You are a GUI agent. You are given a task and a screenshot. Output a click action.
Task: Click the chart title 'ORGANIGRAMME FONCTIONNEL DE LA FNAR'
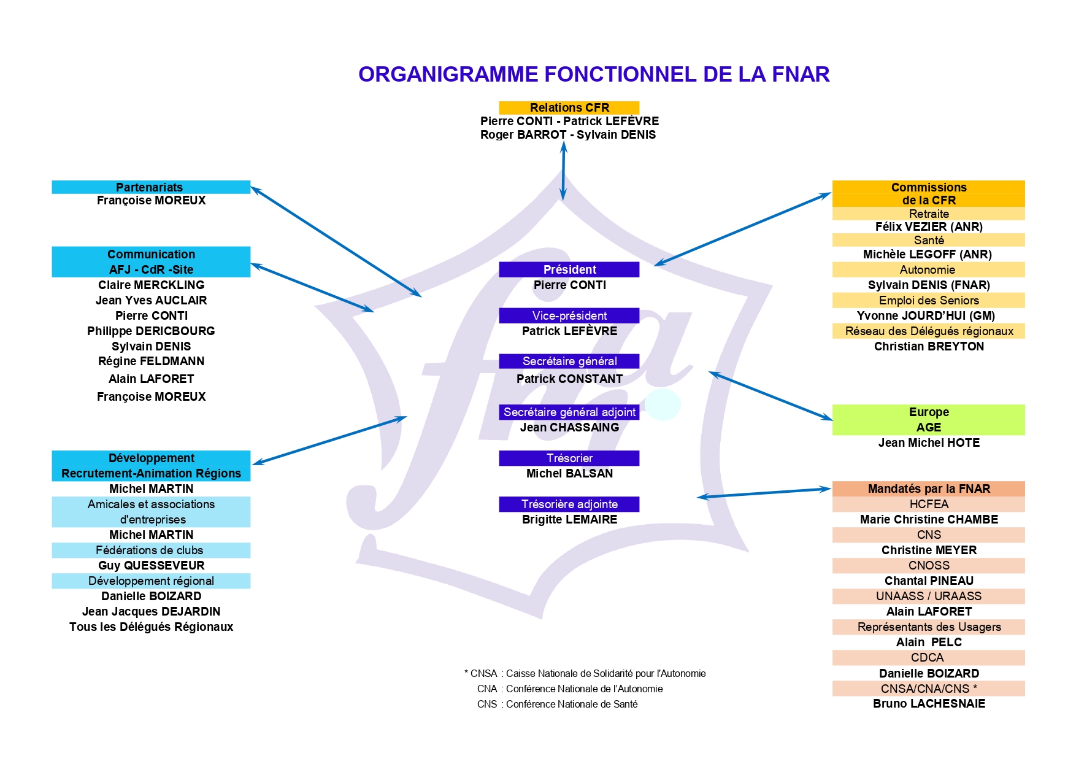pyautogui.click(x=593, y=74)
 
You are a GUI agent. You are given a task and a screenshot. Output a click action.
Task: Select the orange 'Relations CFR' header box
pyautogui.click(x=569, y=107)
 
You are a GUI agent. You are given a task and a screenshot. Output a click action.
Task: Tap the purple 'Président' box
pyautogui.click(x=569, y=269)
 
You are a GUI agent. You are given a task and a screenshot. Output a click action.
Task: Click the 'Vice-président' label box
pyautogui.click(x=569, y=315)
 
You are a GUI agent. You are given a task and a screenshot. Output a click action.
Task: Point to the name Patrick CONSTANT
pyautogui.click(x=569, y=379)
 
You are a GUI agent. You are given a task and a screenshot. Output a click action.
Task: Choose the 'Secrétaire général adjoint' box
pyautogui.click(x=569, y=412)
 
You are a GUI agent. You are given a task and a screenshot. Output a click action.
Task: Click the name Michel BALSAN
pyautogui.click(x=569, y=473)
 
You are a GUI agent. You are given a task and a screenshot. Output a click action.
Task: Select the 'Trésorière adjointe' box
pyautogui.click(x=569, y=504)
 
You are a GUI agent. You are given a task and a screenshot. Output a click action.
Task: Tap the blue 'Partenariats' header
pyautogui.click(x=150, y=187)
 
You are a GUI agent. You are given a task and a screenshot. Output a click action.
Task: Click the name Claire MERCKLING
pyautogui.click(x=151, y=285)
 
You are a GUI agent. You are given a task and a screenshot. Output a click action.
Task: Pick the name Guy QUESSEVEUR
pyautogui.click(x=151, y=565)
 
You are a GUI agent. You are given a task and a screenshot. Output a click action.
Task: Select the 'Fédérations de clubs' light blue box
pyautogui.click(x=150, y=550)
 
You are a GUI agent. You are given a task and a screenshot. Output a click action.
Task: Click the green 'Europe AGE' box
pyautogui.click(x=928, y=420)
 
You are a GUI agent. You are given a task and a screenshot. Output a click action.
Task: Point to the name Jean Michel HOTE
pyautogui.click(x=928, y=442)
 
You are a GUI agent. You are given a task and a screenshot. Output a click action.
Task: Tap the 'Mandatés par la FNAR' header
pyautogui.click(x=928, y=489)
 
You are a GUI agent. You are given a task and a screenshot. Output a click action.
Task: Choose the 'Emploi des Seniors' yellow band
pyautogui.click(x=928, y=300)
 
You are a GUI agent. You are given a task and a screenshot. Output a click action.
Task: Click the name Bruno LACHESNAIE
pyautogui.click(x=928, y=703)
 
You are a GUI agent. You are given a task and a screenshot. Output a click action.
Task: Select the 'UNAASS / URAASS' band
pyautogui.click(x=928, y=596)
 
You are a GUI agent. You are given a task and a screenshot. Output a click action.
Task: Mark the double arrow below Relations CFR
pyautogui.click(x=563, y=171)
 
